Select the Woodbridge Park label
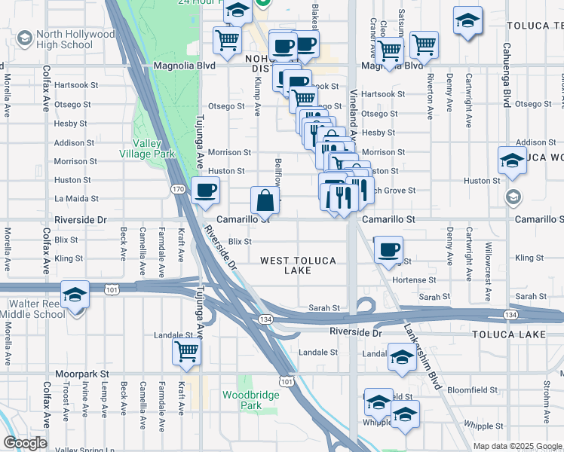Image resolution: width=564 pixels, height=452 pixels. (x=241, y=400)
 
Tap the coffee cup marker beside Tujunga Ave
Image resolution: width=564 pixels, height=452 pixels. (x=205, y=191)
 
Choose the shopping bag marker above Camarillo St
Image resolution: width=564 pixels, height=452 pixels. (x=265, y=200)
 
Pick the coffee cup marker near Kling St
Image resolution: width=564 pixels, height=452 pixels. (x=388, y=250)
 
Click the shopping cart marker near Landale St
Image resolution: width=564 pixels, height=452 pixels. (x=186, y=351)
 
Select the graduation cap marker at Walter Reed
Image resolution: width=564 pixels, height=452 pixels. (x=75, y=294)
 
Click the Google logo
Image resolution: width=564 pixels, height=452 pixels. (x=25, y=443)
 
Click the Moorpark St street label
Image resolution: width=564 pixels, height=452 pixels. (x=83, y=374)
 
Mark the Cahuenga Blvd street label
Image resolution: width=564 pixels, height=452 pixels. (x=507, y=72)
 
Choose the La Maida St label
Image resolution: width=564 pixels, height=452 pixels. (x=77, y=199)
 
